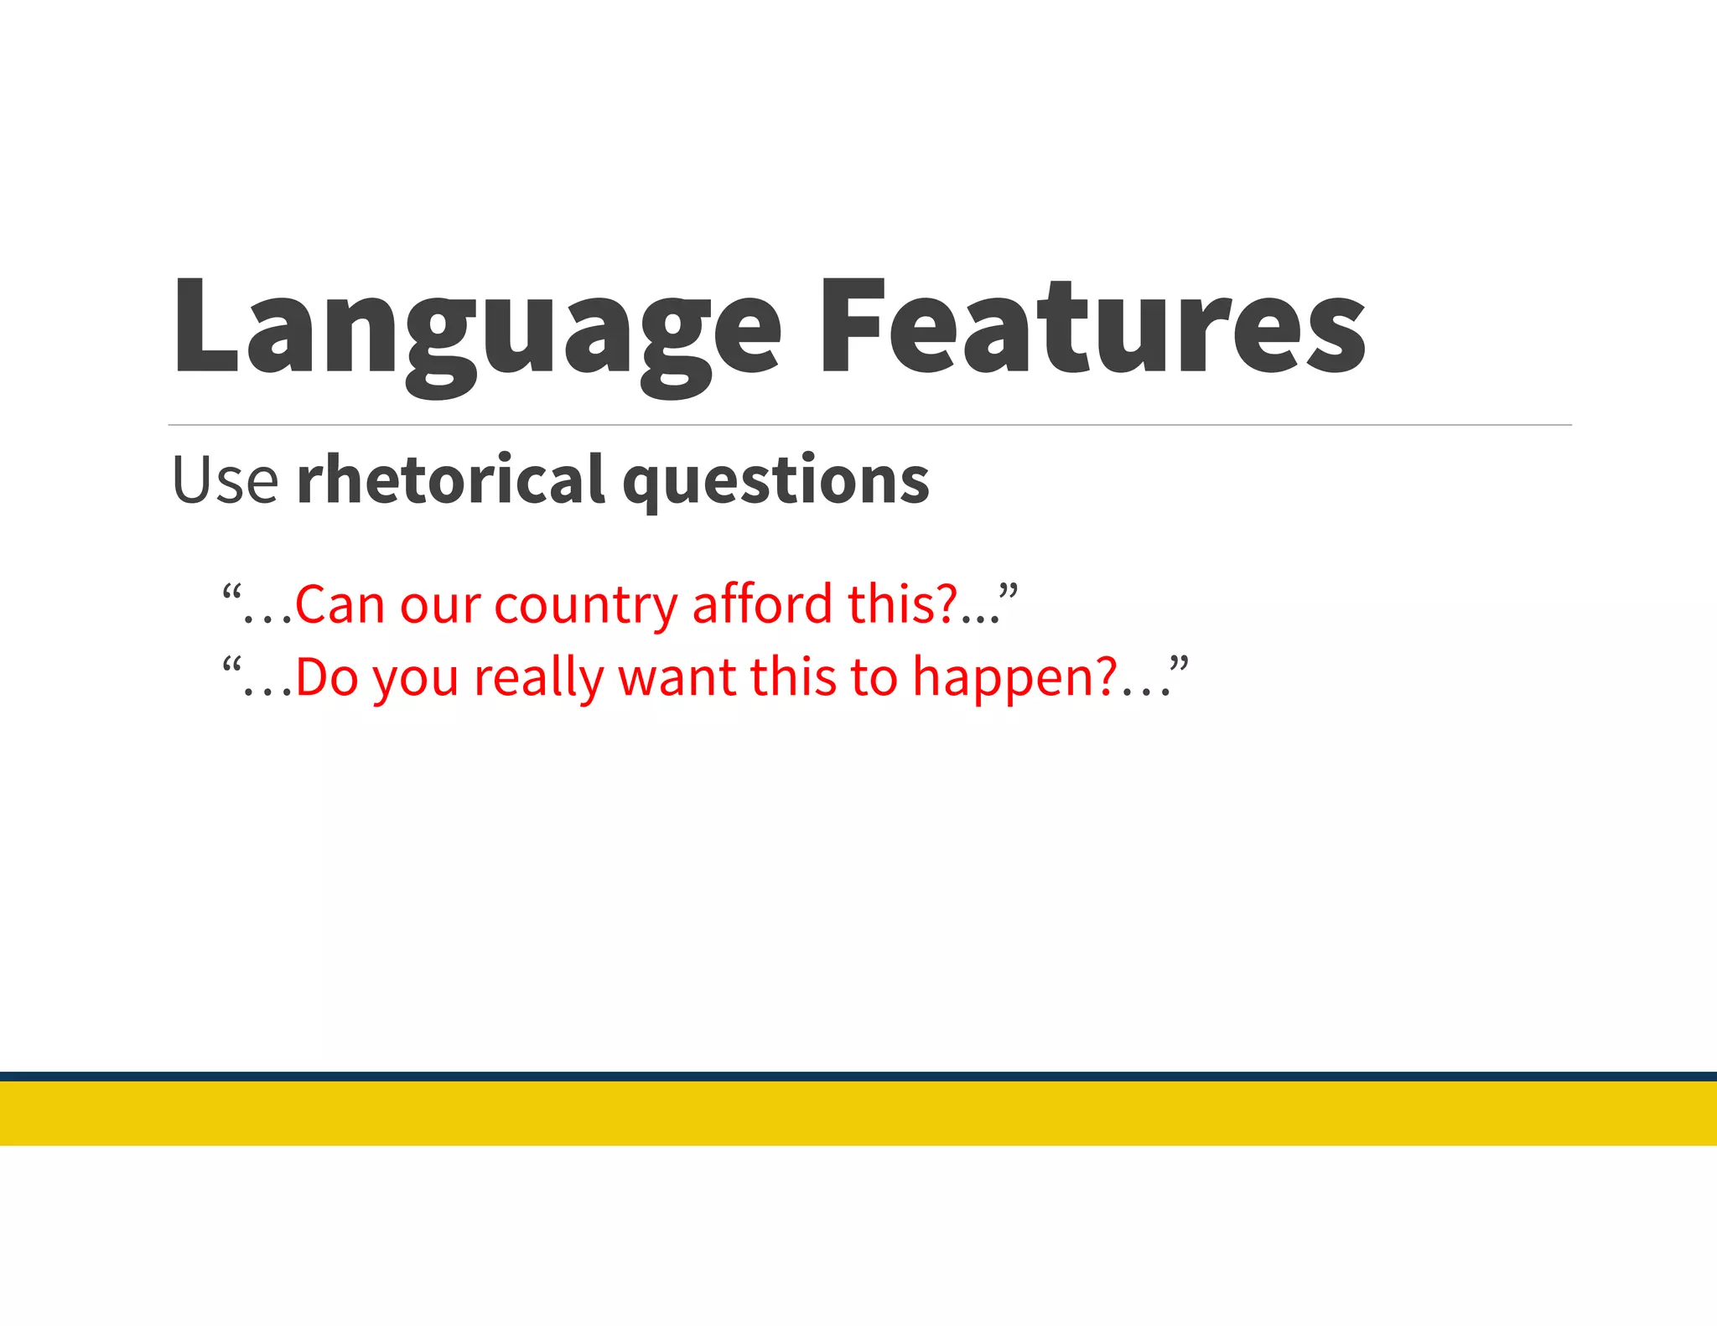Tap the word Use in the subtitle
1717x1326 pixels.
point(225,480)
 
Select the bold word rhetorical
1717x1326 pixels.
point(450,480)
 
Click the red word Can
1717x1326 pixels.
point(339,604)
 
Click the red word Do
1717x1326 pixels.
point(327,677)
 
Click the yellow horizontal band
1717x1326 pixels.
point(858,1113)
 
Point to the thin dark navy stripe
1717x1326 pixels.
point(858,1076)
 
